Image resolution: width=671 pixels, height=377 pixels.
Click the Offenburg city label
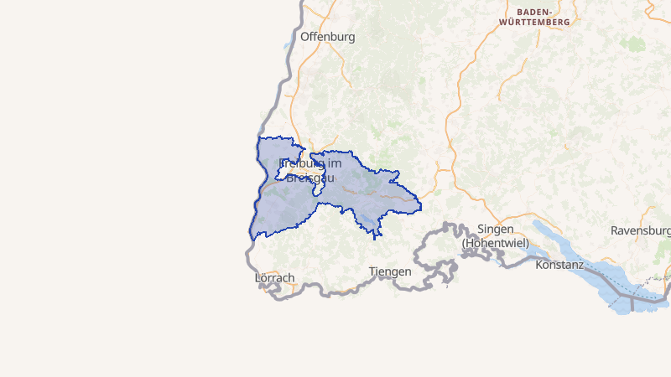click(327, 37)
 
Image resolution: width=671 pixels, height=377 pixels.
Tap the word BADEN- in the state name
click(540, 11)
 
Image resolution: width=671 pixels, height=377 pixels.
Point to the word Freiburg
click(300, 163)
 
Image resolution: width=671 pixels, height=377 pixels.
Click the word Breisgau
click(311, 177)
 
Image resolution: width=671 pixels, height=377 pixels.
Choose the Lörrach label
click(274, 277)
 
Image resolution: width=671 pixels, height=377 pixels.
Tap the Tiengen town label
click(390, 271)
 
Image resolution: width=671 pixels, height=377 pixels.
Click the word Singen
click(494, 230)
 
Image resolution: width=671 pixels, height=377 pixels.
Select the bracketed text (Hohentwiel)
click(495, 243)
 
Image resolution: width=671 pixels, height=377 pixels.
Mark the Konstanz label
click(559, 265)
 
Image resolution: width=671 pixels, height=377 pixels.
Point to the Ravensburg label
click(641, 230)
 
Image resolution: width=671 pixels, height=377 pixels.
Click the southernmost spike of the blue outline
click(374, 239)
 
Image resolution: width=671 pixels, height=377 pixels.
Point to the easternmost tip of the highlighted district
click(420, 206)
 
